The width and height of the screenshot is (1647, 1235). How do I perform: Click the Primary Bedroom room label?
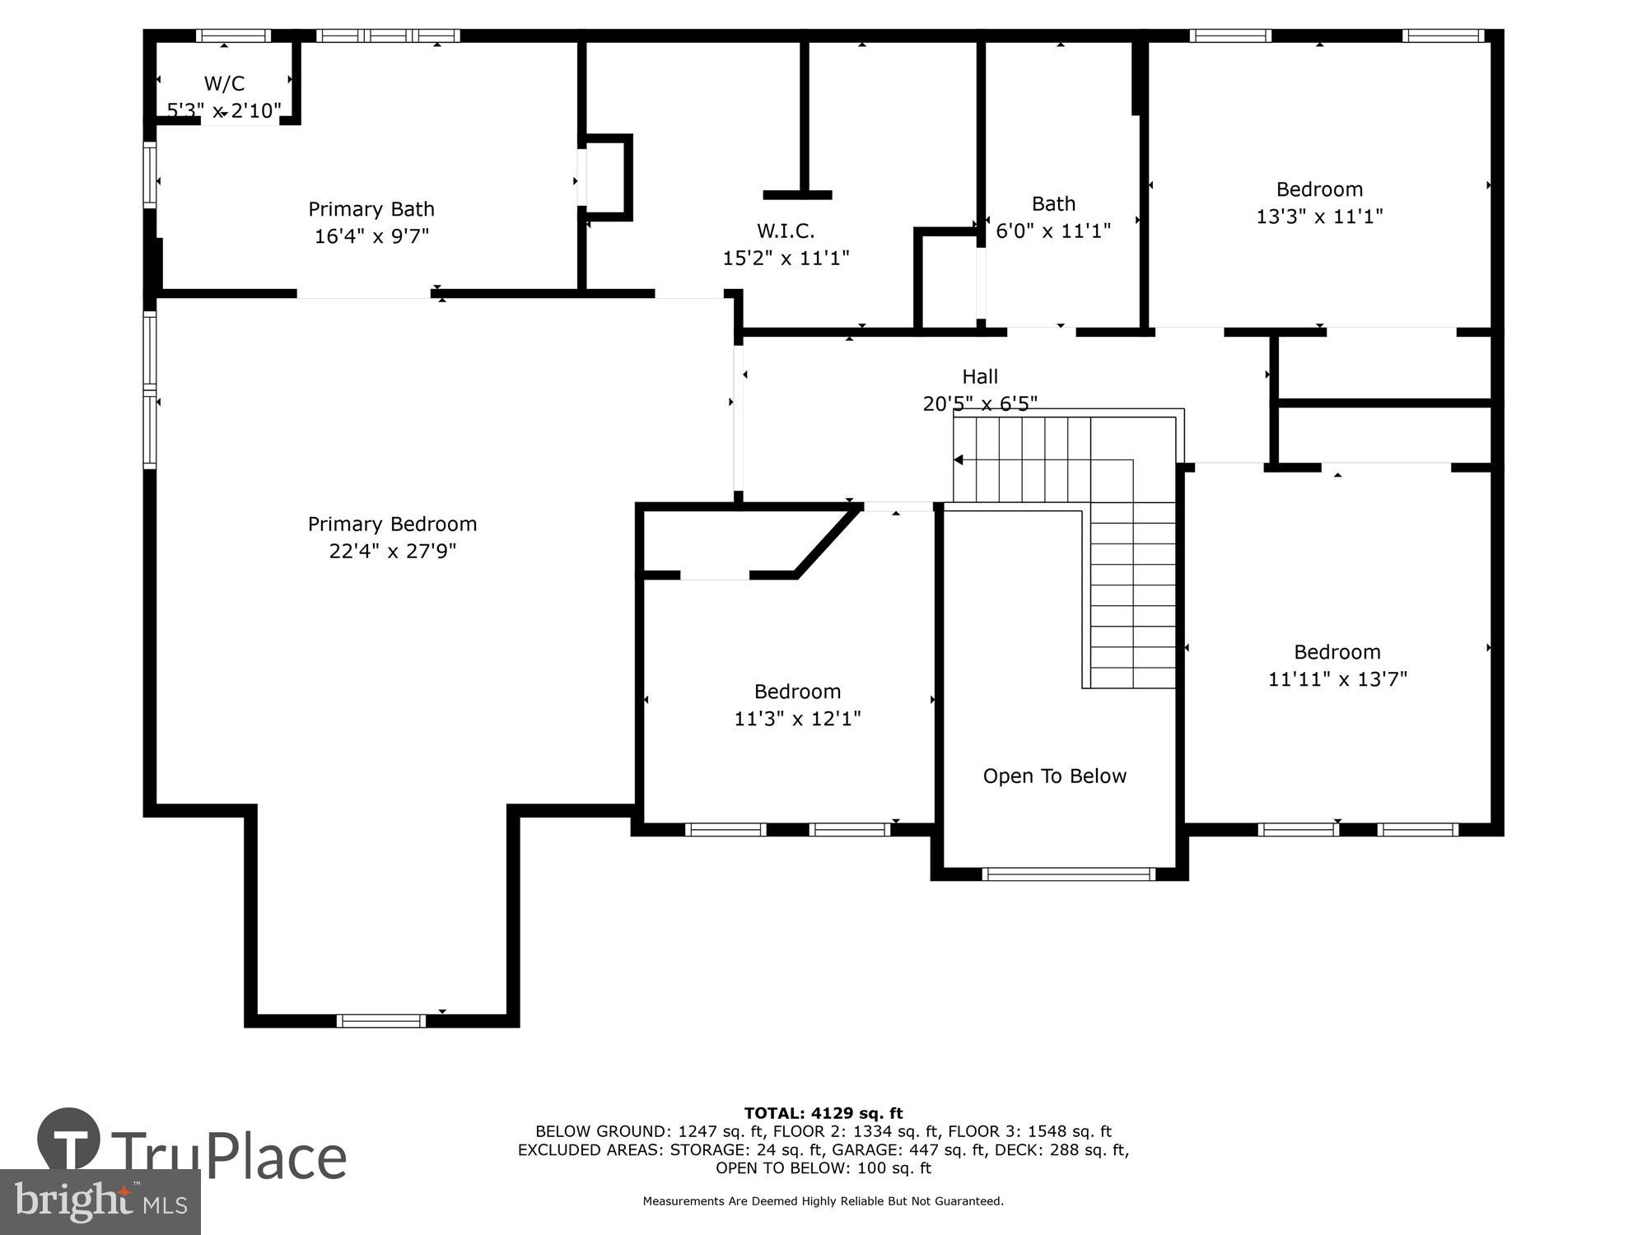(392, 524)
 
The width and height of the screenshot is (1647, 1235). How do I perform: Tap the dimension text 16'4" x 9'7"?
(371, 236)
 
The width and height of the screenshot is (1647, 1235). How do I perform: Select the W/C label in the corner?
(224, 83)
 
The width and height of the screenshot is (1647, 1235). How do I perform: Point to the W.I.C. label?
(786, 231)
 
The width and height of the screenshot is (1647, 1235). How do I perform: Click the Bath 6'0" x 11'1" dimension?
(1053, 231)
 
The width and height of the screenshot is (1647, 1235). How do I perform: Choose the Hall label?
(980, 376)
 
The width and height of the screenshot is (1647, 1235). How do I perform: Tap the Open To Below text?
(1054, 776)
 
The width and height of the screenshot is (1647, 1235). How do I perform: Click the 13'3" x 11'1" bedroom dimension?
(1319, 217)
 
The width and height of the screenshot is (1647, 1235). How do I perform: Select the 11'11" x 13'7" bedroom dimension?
(1337, 679)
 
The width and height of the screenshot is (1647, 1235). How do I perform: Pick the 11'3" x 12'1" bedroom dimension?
(797, 719)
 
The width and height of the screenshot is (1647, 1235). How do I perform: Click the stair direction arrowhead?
(958, 459)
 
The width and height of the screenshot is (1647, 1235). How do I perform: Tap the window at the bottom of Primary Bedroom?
(381, 1021)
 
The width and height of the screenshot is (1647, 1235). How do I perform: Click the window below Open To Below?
(1069, 874)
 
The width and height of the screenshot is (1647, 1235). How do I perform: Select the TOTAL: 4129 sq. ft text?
(823, 1113)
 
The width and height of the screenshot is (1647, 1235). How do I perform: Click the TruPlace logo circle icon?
(69, 1140)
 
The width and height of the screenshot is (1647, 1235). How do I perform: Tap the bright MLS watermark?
(100, 1202)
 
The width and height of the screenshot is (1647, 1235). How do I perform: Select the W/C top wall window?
(233, 35)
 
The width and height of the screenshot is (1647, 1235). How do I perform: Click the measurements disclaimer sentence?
(823, 1201)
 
